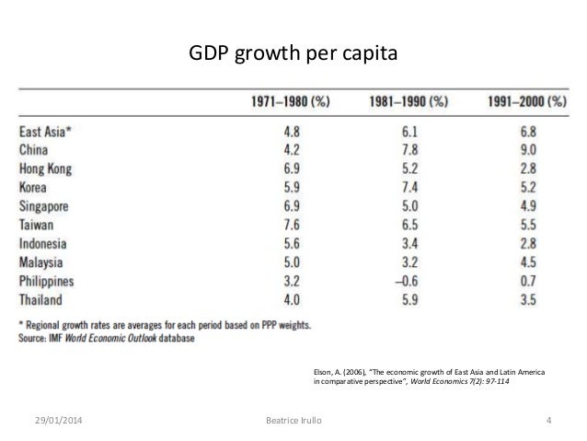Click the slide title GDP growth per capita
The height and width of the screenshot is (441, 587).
293,54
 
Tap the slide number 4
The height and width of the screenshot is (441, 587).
547,422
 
